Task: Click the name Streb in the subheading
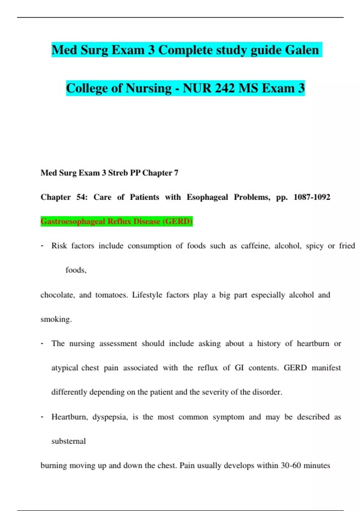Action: point(118,173)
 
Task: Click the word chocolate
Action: point(57,295)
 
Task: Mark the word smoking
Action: point(56,319)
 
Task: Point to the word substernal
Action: point(69,441)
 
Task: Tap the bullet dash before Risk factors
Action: point(42,246)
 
